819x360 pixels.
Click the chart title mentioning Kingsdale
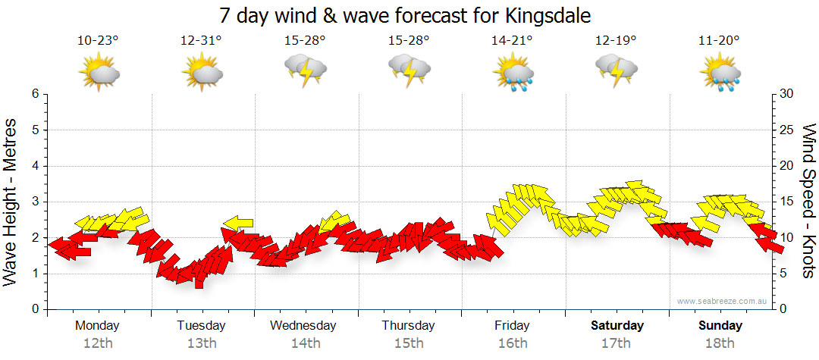tap(405, 16)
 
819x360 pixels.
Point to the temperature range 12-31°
tap(201, 40)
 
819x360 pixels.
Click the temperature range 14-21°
tap(512, 40)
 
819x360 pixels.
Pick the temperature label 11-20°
tap(719, 40)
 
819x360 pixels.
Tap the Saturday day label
tap(617, 326)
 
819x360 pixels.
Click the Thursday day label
tap(408, 326)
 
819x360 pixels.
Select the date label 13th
tap(202, 343)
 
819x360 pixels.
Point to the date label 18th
tap(720, 343)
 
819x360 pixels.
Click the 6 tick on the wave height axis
tap(35, 94)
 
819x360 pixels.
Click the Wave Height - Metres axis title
tap(11, 203)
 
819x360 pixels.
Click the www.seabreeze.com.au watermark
tap(723, 301)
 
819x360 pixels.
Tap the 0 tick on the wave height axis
tap(35, 309)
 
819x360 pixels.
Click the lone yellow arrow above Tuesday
tap(239, 222)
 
